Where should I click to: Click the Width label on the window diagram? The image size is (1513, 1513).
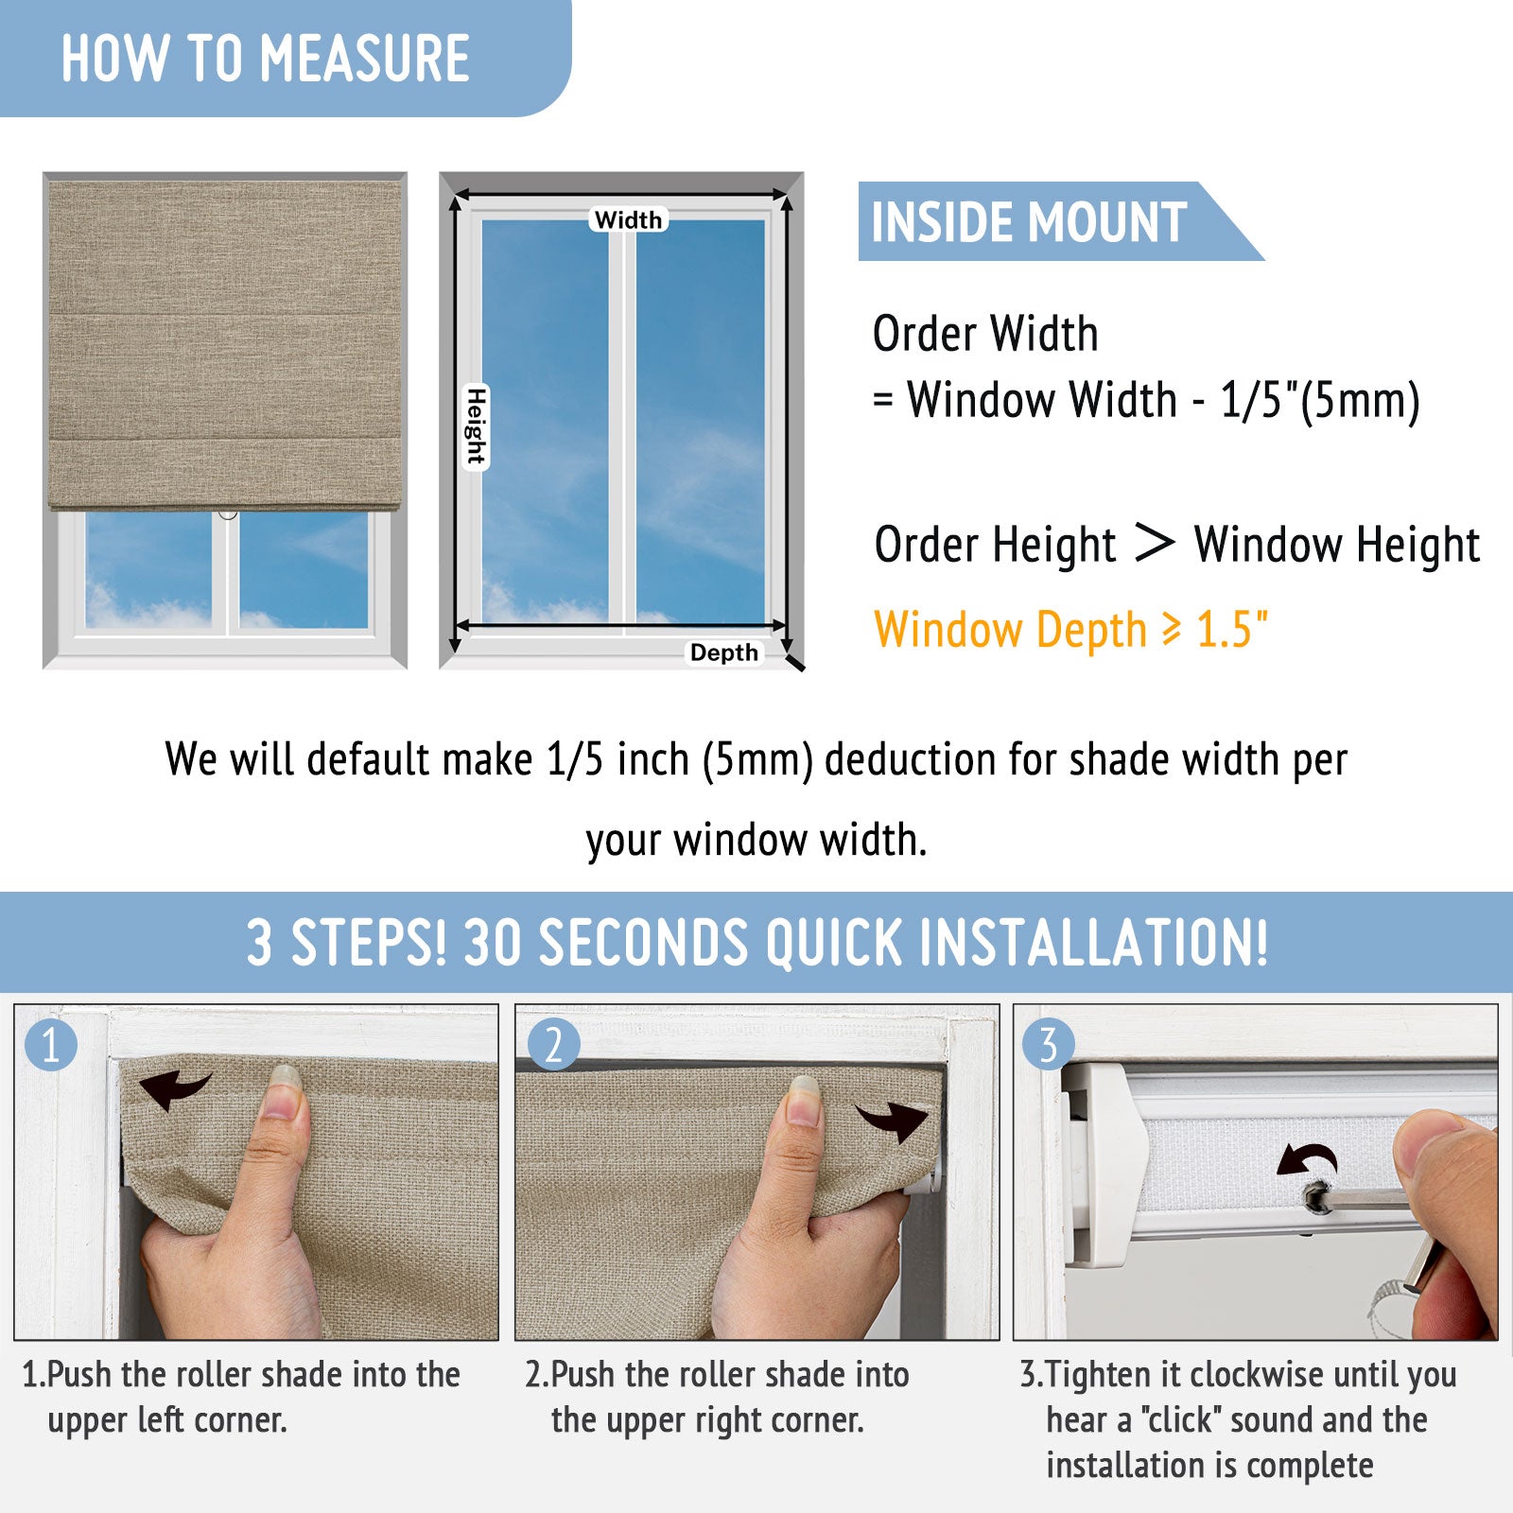pos(629,219)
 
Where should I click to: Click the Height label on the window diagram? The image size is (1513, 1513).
pos(476,426)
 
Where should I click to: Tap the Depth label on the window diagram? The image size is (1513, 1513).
pos(724,652)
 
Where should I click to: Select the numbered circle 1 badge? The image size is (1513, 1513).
pos(50,1045)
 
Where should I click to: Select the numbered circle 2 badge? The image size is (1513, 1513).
pos(553,1045)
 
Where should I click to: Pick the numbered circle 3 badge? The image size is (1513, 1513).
pos(1048,1045)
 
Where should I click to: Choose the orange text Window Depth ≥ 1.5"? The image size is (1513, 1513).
pos(1070,630)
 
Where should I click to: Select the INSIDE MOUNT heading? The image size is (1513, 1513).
pos(1029,222)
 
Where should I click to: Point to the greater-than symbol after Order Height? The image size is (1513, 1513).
pos(1154,543)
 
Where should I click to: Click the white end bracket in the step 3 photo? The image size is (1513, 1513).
pos(1104,1165)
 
